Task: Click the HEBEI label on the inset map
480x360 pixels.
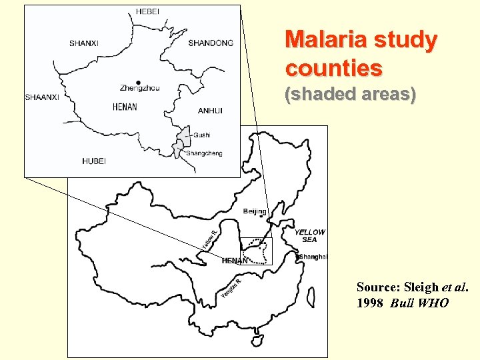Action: (x=147, y=11)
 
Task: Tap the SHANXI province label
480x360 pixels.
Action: (x=83, y=43)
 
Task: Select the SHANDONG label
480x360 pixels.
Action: (x=211, y=43)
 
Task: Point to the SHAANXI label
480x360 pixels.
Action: (x=42, y=97)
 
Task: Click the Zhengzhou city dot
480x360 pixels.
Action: (x=138, y=83)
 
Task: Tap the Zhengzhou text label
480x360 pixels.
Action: (x=139, y=89)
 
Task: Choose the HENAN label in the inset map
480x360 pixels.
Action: (x=125, y=107)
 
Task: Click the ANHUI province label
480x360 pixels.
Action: (x=210, y=111)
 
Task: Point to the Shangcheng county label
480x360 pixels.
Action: (x=204, y=153)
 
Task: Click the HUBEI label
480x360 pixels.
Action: (x=94, y=161)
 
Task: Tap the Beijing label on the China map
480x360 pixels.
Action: (x=255, y=212)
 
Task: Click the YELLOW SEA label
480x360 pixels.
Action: (x=310, y=236)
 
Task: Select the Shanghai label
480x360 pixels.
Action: (x=313, y=257)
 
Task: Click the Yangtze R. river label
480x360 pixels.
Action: (x=231, y=288)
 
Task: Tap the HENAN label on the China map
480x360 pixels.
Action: (x=234, y=261)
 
